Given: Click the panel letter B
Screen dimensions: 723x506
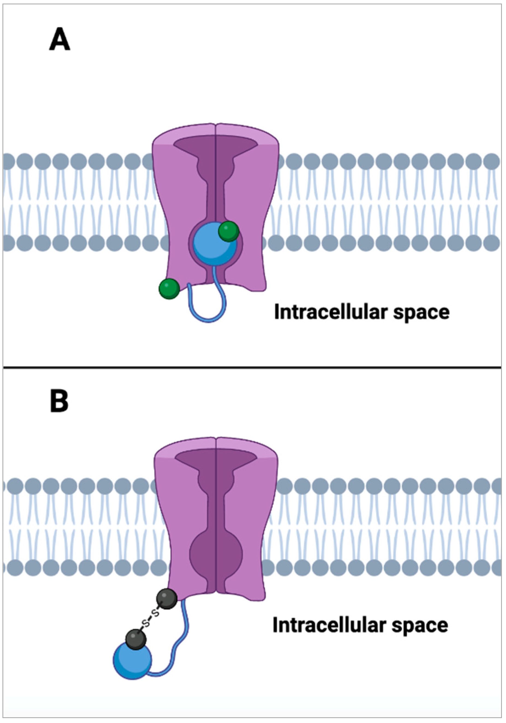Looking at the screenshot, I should [59, 402].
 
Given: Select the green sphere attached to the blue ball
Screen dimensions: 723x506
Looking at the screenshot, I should [229, 231].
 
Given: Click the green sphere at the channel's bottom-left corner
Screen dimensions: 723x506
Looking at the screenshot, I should [169, 289].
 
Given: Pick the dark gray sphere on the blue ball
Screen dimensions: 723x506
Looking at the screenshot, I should [136, 639].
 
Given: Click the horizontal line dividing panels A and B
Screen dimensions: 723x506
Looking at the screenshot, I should [252, 367].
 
